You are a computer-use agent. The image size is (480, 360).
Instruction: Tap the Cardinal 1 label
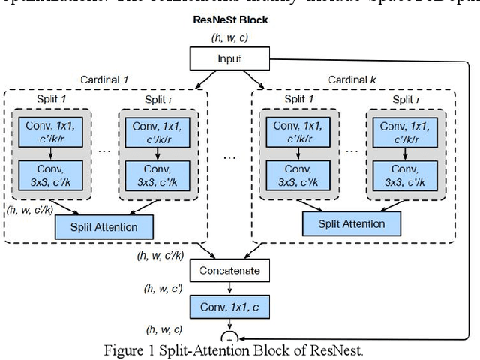105,79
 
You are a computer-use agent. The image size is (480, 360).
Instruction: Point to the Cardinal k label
352,79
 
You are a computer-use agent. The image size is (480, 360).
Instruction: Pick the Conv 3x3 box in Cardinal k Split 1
298,175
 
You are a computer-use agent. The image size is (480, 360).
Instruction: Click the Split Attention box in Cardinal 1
103,226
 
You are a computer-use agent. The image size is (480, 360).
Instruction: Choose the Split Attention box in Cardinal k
352,223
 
